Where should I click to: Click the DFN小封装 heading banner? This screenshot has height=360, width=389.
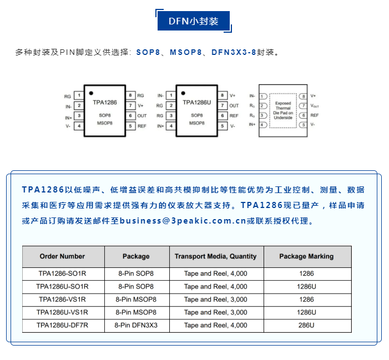[194, 21]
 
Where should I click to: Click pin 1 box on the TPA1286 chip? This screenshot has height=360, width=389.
[79, 95]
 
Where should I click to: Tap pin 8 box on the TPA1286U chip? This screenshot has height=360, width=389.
[223, 95]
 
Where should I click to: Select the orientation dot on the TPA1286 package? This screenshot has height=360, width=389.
[91, 93]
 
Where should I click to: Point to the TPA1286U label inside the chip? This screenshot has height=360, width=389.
[197, 103]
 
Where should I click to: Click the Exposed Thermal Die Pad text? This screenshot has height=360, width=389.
[283, 110]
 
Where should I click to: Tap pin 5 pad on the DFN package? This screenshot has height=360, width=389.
[303, 125]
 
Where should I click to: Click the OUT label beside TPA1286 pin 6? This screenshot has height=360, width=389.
[142, 116]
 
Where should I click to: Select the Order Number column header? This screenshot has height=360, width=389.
[62, 256]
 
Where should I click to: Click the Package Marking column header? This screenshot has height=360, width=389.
[306, 256]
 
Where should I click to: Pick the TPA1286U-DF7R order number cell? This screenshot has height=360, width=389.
[62, 325]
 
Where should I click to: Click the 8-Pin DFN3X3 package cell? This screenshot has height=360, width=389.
[136, 325]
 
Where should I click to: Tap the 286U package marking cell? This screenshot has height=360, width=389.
[306, 325]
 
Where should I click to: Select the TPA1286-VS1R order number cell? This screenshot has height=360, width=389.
[62, 300]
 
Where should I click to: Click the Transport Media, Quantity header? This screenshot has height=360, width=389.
[216, 256]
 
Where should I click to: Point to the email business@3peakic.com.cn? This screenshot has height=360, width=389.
[183, 221]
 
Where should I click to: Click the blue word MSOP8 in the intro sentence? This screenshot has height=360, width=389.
[186, 52]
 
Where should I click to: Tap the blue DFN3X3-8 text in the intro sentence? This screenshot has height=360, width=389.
[234, 52]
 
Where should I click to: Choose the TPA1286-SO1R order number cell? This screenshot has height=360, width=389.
[62, 273]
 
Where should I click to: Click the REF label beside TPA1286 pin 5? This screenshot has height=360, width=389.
[142, 126]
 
